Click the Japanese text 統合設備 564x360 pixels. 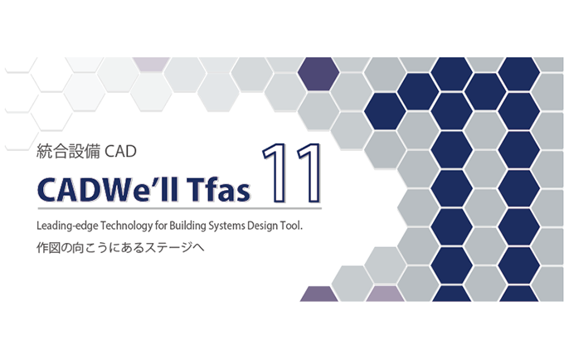coord(68,152)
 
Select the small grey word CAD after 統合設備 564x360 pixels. coord(120,152)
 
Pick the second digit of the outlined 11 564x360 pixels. coord(308,173)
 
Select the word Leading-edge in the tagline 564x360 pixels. coord(67,226)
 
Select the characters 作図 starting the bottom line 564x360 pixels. coord(48,248)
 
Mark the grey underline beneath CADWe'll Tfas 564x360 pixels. coord(180,208)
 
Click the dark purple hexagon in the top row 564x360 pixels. coord(318,73)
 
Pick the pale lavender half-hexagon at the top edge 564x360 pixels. coord(151,64)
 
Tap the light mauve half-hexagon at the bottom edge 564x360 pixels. coord(385,294)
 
